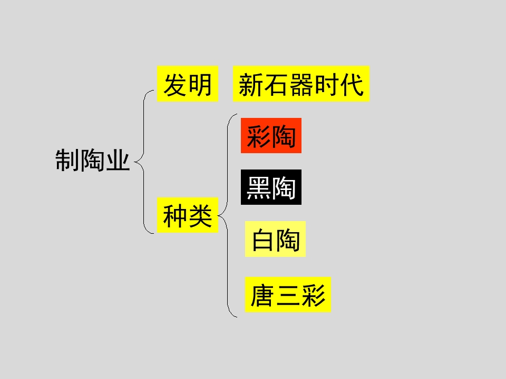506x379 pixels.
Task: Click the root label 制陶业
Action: [93, 160]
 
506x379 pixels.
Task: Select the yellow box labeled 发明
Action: [188, 84]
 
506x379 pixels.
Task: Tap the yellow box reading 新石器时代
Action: [301, 84]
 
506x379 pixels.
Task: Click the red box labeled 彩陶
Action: [271, 135]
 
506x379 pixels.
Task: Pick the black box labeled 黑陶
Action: [271, 187]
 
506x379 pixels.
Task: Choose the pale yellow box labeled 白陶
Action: [275, 239]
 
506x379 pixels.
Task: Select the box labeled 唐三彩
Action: [288, 295]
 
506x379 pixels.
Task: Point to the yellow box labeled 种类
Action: [188, 215]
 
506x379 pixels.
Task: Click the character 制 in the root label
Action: [67, 160]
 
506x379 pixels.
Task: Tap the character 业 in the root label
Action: [118, 160]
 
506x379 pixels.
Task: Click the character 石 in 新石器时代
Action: [276, 84]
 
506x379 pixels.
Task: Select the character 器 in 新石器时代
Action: [301, 84]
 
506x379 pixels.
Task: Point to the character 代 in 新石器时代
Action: [352, 84]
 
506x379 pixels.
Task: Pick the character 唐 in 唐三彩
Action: [262, 295]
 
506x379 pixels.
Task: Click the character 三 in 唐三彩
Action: [288, 295]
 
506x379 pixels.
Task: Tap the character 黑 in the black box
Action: [258, 188]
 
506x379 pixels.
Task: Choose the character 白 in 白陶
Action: [263, 240]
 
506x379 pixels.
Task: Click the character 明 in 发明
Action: [200, 84]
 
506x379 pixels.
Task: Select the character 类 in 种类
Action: [200, 216]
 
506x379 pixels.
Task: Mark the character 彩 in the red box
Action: [258, 136]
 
